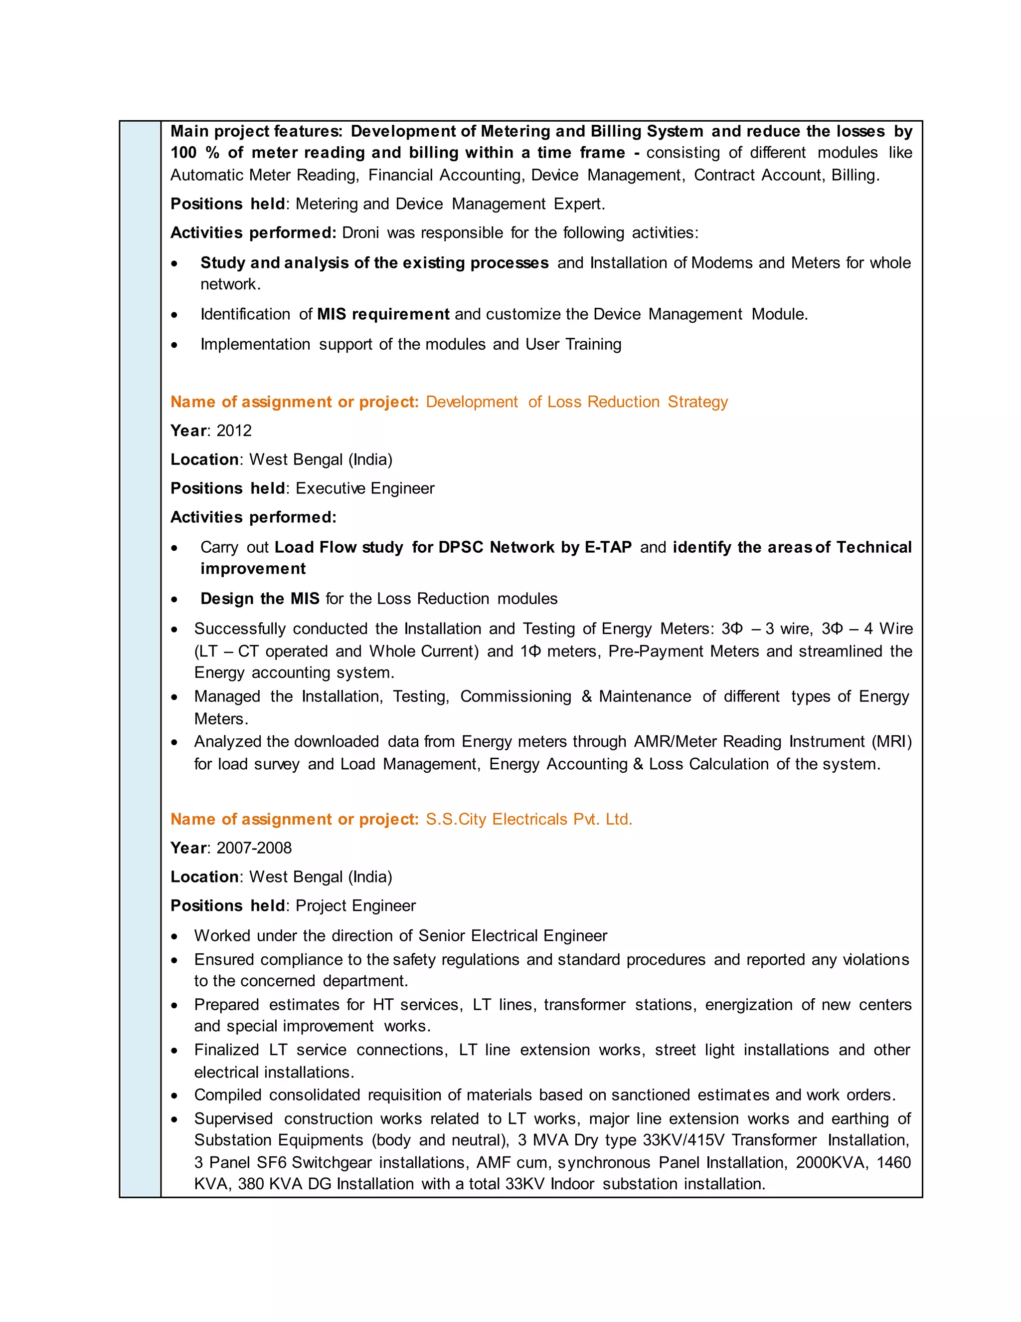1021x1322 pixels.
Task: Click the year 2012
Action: pyautogui.click(x=234, y=431)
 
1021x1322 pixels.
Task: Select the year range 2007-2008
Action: pyautogui.click(x=254, y=848)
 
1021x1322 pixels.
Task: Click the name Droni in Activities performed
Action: pyautogui.click(x=360, y=232)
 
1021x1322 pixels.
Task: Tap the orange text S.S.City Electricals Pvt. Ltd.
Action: pyautogui.click(x=528, y=819)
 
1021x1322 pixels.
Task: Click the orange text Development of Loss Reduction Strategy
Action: pyautogui.click(x=576, y=402)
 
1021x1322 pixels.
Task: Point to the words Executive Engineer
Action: pyautogui.click(x=365, y=488)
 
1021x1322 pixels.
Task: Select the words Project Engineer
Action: pyautogui.click(x=355, y=905)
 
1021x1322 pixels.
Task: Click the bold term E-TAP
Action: pyautogui.click(x=608, y=547)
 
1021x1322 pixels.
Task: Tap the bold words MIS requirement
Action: pyautogui.click(x=383, y=314)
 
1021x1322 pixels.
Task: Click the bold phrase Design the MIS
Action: pyautogui.click(x=260, y=599)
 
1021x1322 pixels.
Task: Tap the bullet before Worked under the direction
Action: pyautogui.click(x=174, y=936)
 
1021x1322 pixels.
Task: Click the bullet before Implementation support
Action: pyautogui.click(x=174, y=345)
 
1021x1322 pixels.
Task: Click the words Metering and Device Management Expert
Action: pyautogui.click(x=450, y=204)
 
